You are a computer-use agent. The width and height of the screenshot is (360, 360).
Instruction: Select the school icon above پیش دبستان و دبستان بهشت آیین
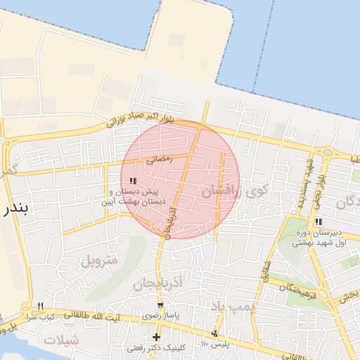[x=133, y=181]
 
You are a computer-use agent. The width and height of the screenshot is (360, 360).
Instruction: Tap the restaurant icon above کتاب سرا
[x=40, y=305]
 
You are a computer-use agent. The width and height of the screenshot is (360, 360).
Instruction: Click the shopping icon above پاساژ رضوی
[x=161, y=304]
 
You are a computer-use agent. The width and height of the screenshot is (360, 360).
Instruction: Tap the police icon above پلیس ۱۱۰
[x=214, y=333]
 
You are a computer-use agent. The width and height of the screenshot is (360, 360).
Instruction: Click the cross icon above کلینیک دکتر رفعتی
[x=156, y=337]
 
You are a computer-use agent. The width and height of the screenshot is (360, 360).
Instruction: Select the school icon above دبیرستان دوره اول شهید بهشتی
[x=319, y=221]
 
